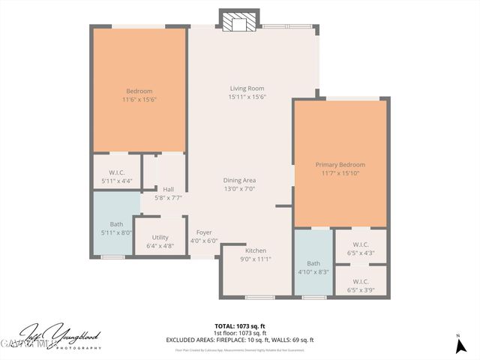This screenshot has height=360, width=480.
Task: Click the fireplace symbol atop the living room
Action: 239,22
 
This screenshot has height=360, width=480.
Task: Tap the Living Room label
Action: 247,88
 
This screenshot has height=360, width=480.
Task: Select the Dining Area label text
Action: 239,180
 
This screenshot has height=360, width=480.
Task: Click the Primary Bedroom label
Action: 340,164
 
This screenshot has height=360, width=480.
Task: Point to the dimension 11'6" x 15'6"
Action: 139,99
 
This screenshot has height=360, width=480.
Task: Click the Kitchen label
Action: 255,250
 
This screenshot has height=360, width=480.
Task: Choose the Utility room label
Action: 160,237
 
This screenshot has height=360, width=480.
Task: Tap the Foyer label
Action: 203,232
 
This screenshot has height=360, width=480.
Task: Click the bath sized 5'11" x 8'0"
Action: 116,228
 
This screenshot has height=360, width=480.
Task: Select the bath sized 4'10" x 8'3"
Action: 313,268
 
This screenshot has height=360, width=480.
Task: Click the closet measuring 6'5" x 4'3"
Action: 360,248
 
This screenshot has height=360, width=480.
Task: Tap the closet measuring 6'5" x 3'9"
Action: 360,285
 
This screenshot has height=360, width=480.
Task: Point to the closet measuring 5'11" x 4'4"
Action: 116,177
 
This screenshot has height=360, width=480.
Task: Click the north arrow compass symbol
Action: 458,345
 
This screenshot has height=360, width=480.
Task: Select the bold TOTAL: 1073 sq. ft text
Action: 240,325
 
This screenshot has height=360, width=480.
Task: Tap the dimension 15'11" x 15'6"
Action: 247,97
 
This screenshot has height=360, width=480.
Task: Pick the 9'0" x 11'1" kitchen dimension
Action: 255,259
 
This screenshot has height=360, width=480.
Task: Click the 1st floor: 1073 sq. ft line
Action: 240,332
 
